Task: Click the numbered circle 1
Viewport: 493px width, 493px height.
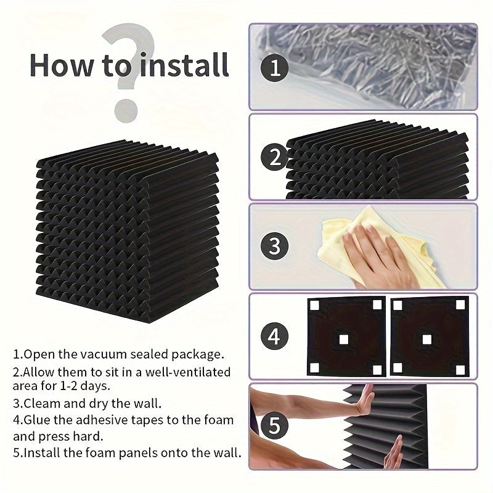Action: point(275,67)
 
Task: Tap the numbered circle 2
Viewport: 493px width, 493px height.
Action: point(275,158)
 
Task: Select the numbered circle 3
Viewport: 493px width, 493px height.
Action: point(275,246)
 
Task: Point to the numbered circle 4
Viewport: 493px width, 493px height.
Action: point(275,336)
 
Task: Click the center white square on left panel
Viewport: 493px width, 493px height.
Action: point(344,338)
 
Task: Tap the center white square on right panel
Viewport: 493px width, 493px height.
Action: point(426,338)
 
